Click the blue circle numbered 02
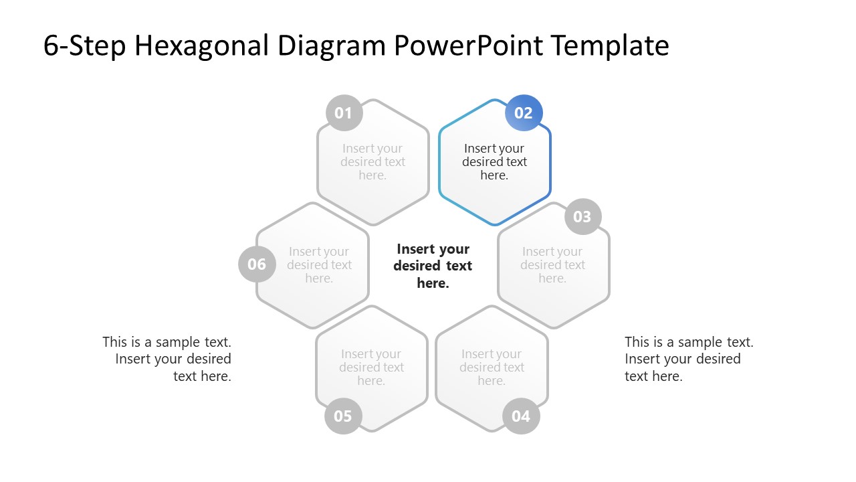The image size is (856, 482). click(524, 113)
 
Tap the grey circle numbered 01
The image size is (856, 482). click(344, 113)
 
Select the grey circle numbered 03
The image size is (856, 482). click(582, 216)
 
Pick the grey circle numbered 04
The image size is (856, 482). click(521, 416)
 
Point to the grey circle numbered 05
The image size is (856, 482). click(342, 416)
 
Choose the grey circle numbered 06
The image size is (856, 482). click(257, 264)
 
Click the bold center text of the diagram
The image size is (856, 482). click(433, 266)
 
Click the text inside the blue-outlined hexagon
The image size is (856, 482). click(494, 162)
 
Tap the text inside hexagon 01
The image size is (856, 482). click(372, 162)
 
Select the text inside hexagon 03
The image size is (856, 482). click(552, 264)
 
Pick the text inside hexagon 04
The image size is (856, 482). click(492, 368)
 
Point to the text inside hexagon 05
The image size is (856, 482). click(371, 368)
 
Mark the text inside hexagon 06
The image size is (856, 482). click(319, 264)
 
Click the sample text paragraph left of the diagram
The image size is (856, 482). click(167, 359)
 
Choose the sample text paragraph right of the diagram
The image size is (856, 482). click(689, 359)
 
